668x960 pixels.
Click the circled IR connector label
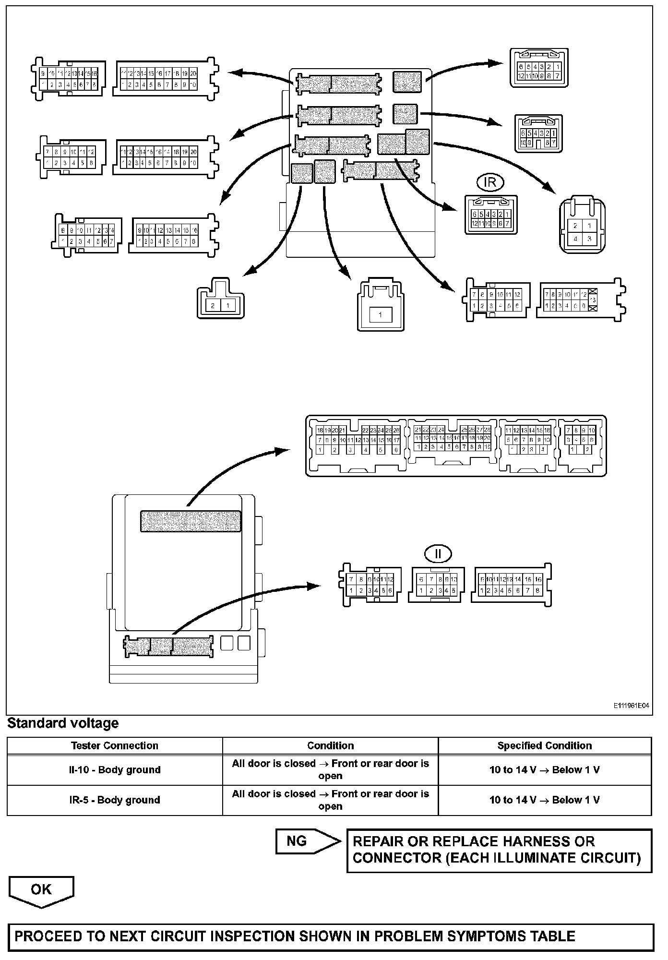click(x=490, y=182)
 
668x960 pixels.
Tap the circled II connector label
click(x=438, y=554)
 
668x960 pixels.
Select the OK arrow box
click(x=41, y=890)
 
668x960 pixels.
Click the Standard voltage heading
click(x=63, y=723)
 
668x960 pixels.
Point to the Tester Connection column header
click(x=115, y=745)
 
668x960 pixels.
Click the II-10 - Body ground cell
click(x=115, y=770)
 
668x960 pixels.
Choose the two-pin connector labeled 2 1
click(x=220, y=300)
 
